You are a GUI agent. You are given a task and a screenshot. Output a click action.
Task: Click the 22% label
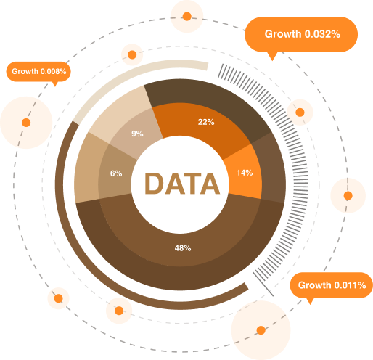[206, 122]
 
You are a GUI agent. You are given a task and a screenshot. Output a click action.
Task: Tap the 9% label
[137, 134]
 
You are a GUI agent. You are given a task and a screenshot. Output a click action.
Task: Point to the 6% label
[116, 173]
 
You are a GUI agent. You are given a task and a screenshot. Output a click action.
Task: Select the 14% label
[245, 173]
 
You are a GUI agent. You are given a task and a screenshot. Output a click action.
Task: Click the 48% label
[183, 248]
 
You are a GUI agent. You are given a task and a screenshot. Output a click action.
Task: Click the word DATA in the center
[182, 184]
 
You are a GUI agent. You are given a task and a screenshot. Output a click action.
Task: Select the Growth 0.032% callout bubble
[301, 34]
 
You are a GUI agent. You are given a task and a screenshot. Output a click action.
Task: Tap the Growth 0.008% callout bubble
[38, 72]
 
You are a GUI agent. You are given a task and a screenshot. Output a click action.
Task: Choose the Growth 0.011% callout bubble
[332, 285]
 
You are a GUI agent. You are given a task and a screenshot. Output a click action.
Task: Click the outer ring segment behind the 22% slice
[208, 97]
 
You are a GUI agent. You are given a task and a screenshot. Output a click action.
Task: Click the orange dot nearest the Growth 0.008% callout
[26, 123]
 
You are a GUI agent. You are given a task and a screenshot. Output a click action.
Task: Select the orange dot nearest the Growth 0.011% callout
[261, 330]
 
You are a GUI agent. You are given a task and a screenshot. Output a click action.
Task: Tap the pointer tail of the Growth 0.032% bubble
[273, 57]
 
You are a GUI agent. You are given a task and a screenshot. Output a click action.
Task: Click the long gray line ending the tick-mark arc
[263, 284]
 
